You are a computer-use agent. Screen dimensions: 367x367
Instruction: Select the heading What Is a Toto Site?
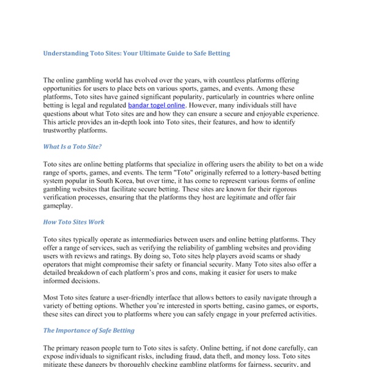pyautogui.click(x=73, y=146)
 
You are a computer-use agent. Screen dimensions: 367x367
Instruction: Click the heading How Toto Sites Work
pyautogui.click(x=73, y=222)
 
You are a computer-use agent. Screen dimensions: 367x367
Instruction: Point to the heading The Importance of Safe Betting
pyautogui.click(x=89, y=330)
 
